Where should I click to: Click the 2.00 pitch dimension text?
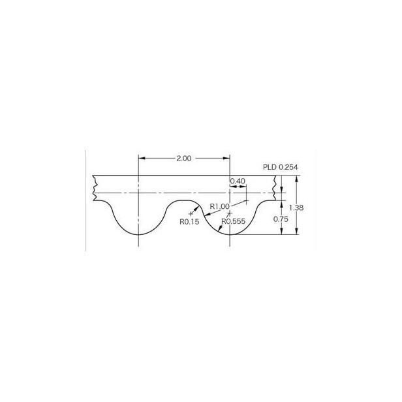pyautogui.click(x=184, y=159)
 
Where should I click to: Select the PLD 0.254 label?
pyautogui.click(x=281, y=167)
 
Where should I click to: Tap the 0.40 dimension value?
pyautogui.click(x=238, y=181)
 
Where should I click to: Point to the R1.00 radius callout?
pyautogui.click(x=219, y=206)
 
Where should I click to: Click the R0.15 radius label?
pyautogui.click(x=189, y=222)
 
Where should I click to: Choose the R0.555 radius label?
pyautogui.click(x=234, y=221)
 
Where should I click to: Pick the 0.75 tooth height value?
pyautogui.click(x=281, y=219)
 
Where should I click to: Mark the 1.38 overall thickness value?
pyautogui.click(x=296, y=208)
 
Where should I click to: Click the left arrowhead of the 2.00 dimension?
pyautogui.click(x=142, y=158)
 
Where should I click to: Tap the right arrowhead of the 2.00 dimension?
pyautogui.click(x=226, y=158)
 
